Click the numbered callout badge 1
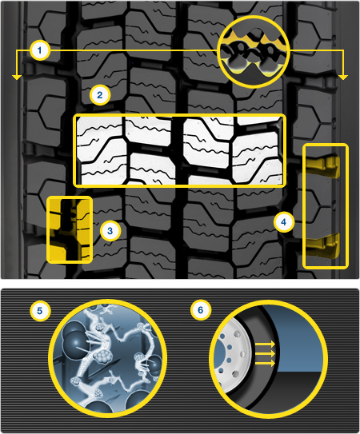point(40,50)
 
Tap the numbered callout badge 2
point(100,95)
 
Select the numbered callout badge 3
point(110,231)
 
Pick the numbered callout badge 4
point(284,222)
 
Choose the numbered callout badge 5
point(40,311)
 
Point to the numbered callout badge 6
point(200,310)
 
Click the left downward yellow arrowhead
point(17,78)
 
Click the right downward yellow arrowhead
point(343,78)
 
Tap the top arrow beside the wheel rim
point(265,344)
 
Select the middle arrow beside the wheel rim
point(265,354)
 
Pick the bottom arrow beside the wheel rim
point(265,363)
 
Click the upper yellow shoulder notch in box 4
point(324,166)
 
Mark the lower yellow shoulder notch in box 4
point(324,245)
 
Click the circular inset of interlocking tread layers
point(254,52)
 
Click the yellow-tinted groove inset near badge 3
point(70,229)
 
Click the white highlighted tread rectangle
point(179,150)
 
